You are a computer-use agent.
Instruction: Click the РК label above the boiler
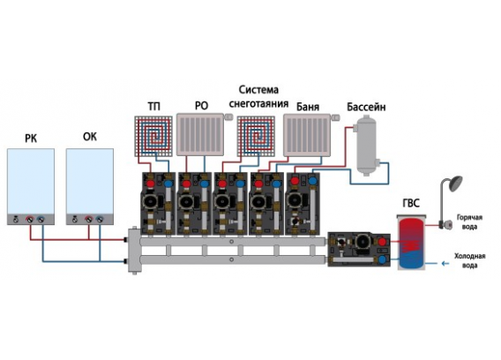click(x=31, y=139)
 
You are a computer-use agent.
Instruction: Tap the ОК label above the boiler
click(x=89, y=137)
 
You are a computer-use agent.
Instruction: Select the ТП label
click(x=154, y=106)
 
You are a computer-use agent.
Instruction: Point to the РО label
click(x=201, y=106)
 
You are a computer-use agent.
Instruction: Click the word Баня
click(x=308, y=107)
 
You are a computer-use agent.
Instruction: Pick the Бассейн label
click(x=366, y=107)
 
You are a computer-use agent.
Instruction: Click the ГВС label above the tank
click(x=411, y=203)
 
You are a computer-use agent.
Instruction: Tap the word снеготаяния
click(x=258, y=103)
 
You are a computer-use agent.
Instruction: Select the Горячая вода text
click(x=469, y=221)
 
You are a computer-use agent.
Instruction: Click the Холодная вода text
click(x=469, y=260)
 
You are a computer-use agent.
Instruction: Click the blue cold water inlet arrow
click(x=445, y=264)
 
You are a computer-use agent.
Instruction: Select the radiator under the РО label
click(x=200, y=135)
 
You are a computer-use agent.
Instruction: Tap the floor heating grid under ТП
click(x=153, y=136)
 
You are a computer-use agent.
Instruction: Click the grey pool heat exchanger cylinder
click(x=366, y=146)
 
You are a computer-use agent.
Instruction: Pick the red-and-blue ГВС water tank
click(x=411, y=243)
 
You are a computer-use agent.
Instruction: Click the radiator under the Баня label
click(x=307, y=135)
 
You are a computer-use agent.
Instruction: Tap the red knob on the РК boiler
click(x=30, y=220)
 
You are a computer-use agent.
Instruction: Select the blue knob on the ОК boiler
click(x=100, y=220)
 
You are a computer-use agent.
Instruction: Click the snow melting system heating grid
click(x=256, y=136)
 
